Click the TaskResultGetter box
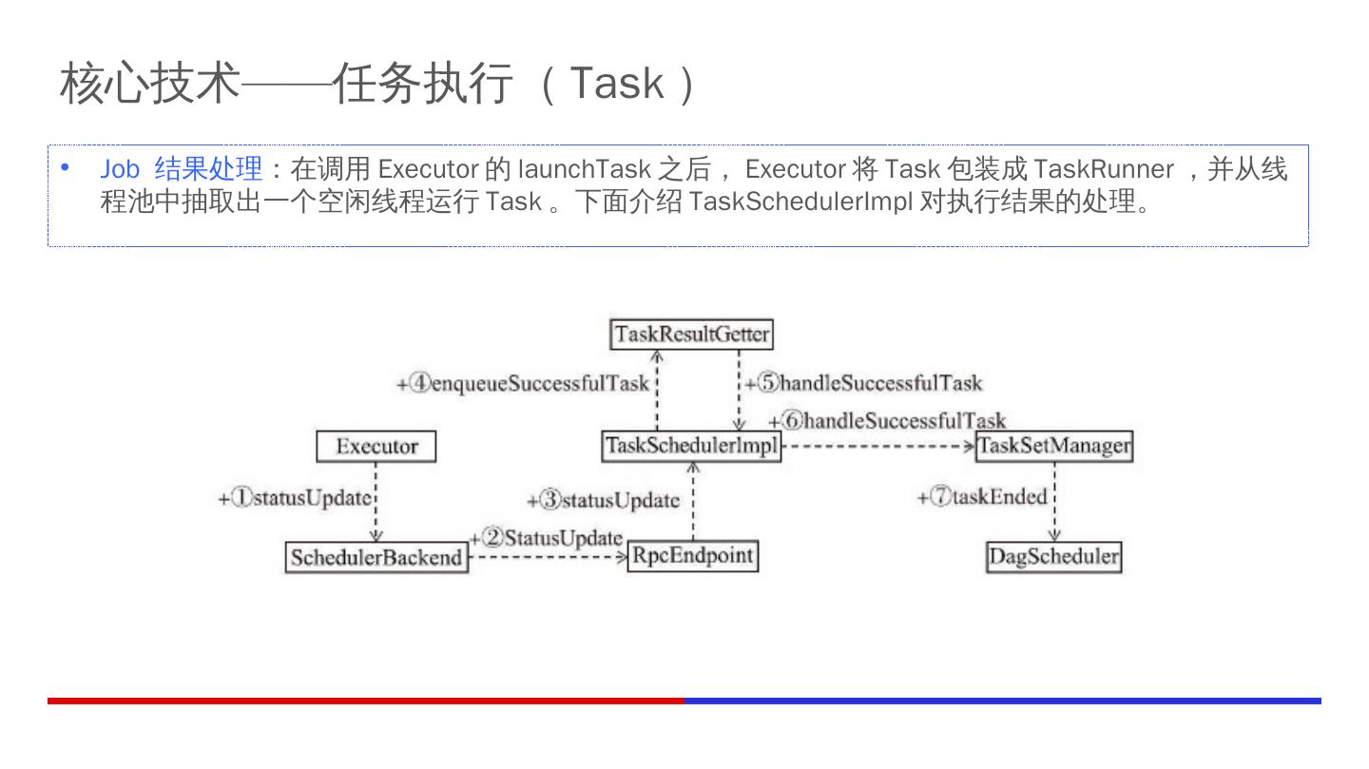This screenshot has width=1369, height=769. [691, 335]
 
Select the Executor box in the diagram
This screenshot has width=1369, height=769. [376, 446]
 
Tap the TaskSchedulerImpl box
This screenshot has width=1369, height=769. [691, 446]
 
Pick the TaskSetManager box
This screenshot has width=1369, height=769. [1054, 446]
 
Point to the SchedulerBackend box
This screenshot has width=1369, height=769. [376, 557]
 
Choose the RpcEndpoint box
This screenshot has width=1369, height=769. [692, 556]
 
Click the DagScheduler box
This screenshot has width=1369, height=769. [1053, 556]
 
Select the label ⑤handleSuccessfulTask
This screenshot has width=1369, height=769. [864, 383]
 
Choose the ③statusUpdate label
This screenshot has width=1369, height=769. [604, 500]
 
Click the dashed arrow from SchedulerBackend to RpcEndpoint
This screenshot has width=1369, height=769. [549, 557]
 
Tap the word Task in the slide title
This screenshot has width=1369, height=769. [616, 84]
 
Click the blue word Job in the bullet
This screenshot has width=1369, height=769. [120, 169]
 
